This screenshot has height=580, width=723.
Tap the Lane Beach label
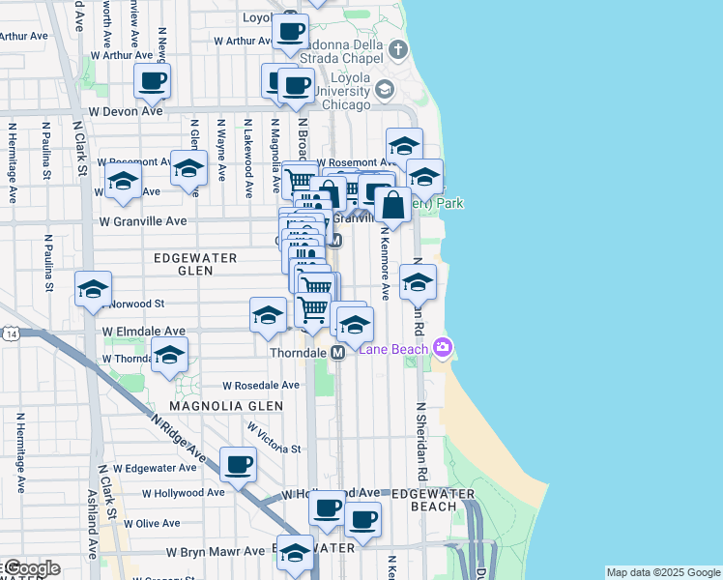click(x=395, y=349)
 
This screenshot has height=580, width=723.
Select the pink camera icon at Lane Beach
click(x=443, y=347)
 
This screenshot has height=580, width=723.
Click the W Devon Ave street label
click(x=126, y=111)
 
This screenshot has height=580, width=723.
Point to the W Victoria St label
click(x=275, y=437)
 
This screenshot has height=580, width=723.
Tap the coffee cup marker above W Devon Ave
click(x=153, y=81)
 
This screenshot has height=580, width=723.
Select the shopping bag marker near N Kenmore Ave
click(x=393, y=205)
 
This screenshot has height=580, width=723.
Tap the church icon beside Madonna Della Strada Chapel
click(x=397, y=49)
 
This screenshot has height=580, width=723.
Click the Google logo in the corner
click(x=31, y=568)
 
